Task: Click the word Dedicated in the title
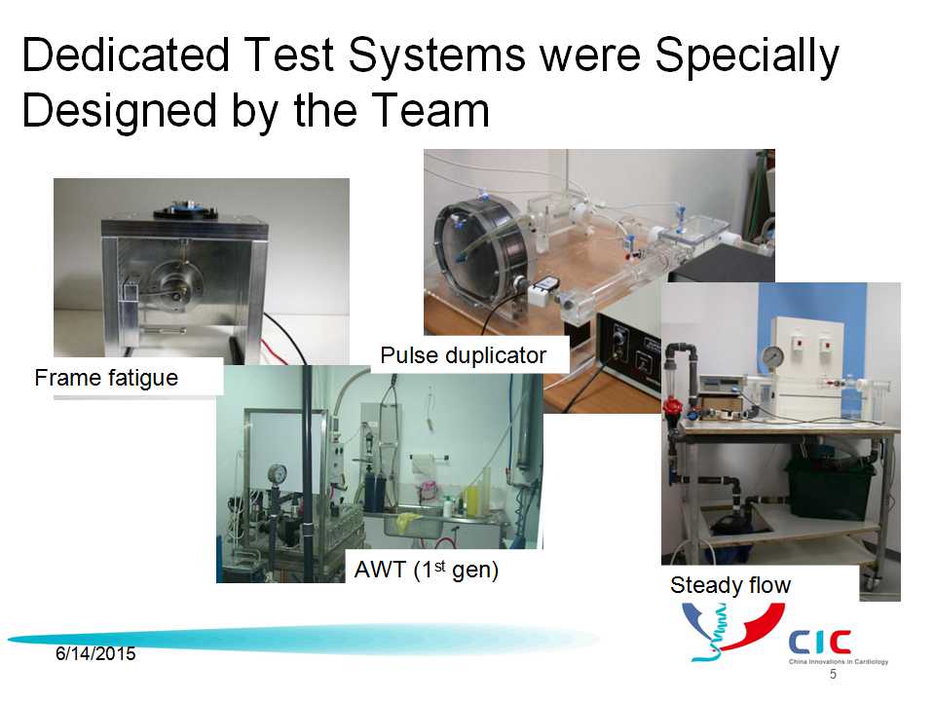pos(126,55)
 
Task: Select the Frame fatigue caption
pos(106,378)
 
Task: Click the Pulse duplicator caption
pos(464,355)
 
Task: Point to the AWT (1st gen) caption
pos(427,570)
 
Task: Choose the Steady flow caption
pos(730,585)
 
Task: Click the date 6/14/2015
pos(95,654)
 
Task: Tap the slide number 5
pos(833,674)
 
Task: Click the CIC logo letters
pos(820,642)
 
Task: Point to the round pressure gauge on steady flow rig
pos(773,357)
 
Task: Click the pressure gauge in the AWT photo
pos(277,475)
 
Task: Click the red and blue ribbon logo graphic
pos(733,632)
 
